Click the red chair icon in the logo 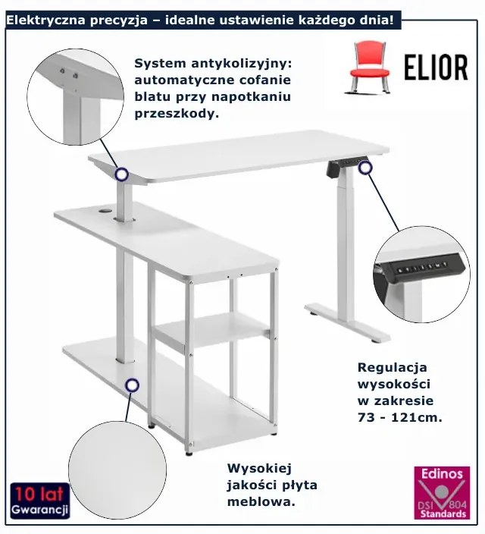point(368,65)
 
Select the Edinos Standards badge point(442,492)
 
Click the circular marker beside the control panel point(366,168)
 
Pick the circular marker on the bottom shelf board point(132,385)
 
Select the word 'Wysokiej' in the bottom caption point(259,469)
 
